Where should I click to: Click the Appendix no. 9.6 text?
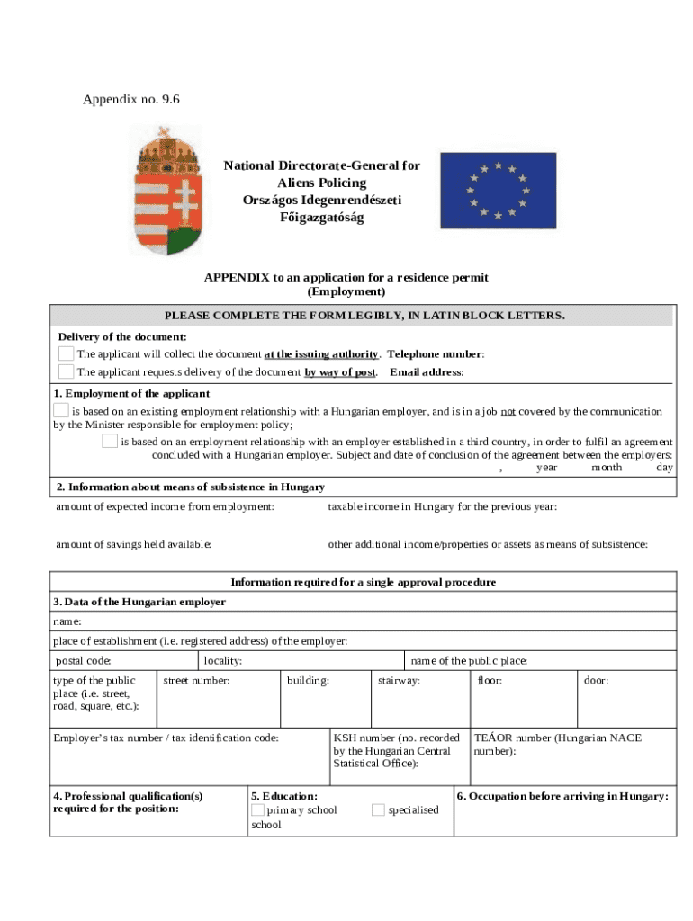[x=131, y=99]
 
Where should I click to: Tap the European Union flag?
[x=498, y=190]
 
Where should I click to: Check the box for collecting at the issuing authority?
[x=67, y=353]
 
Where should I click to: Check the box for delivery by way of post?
[x=67, y=371]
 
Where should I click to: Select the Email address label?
[x=427, y=372]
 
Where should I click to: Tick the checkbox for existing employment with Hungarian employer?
[x=60, y=411]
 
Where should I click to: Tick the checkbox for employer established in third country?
[x=109, y=441]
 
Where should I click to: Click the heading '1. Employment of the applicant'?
[x=131, y=394]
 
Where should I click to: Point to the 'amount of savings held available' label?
[x=134, y=544]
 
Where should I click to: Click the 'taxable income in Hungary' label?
[x=442, y=506]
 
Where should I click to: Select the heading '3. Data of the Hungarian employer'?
[x=139, y=602]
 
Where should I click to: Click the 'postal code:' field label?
[x=84, y=661]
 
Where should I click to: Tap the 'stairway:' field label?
[x=399, y=681]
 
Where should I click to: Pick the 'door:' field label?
[x=596, y=681]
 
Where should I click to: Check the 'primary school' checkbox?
[x=258, y=809]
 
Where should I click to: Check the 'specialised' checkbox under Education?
[x=378, y=809]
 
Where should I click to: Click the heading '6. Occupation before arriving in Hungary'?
[x=562, y=796]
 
